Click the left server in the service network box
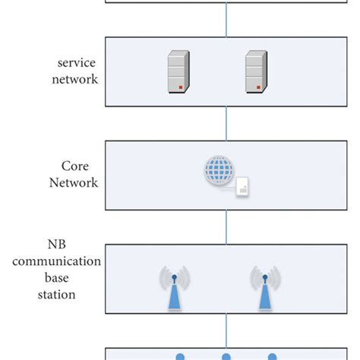click(178, 72)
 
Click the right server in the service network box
click(257, 72)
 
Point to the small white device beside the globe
click(242, 187)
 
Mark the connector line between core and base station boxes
click(226, 226)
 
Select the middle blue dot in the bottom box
click(226, 355)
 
